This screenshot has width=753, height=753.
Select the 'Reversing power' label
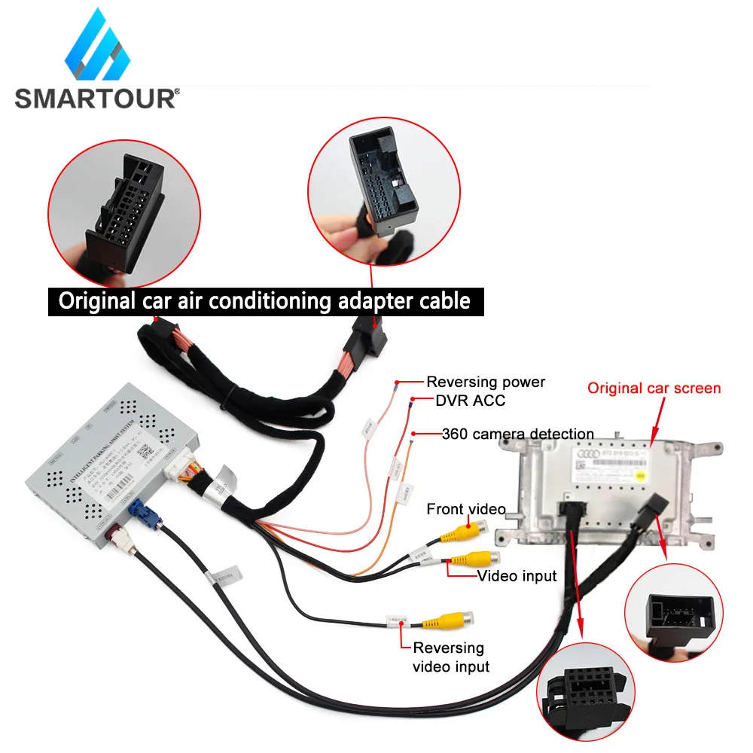tap(486, 382)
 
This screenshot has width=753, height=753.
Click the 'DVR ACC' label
tap(470, 401)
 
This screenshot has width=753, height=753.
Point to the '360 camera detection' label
tap(517, 434)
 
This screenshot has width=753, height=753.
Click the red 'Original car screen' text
tap(654, 389)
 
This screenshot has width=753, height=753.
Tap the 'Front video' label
tap(465, 509)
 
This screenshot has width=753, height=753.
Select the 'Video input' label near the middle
tap(517, 576)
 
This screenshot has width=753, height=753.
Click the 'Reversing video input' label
tap(450, 657)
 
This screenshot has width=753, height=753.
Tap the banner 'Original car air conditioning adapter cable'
tap(264, 301)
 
